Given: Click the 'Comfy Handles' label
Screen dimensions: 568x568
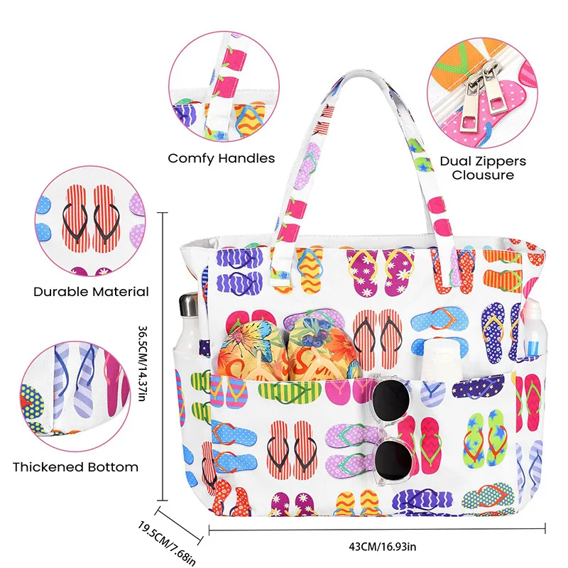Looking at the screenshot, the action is pos(222,158).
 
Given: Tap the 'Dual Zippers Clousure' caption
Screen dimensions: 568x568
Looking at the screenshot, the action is pos(483,168).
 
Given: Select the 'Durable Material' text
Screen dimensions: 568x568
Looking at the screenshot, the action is pos(91,292).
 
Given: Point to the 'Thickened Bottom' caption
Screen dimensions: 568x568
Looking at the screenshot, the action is pos(76,467).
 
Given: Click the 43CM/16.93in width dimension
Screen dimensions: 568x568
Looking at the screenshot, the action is pos(383,546).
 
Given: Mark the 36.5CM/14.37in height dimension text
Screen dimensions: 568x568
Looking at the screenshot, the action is pos(143,363).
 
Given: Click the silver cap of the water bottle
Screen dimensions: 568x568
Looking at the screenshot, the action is pos(188,305).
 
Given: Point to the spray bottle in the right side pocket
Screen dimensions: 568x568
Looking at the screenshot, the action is pos(535,328).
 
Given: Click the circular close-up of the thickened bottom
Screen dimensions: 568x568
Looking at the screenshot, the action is pos(75,396).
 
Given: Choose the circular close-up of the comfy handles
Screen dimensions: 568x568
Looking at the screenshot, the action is pos(224,86).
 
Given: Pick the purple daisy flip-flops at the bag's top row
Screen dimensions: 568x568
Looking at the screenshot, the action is pos(380,272).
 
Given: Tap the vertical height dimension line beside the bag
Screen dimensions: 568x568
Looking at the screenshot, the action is pos(163,356).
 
